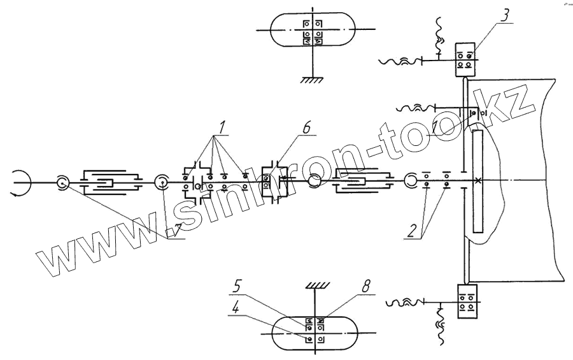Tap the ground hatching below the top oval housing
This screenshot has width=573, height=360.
pos(311,80)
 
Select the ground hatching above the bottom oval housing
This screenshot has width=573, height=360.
pos(316,284)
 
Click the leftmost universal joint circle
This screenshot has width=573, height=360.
pos(62,182)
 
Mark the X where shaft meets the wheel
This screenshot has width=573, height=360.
pos(478,181)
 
